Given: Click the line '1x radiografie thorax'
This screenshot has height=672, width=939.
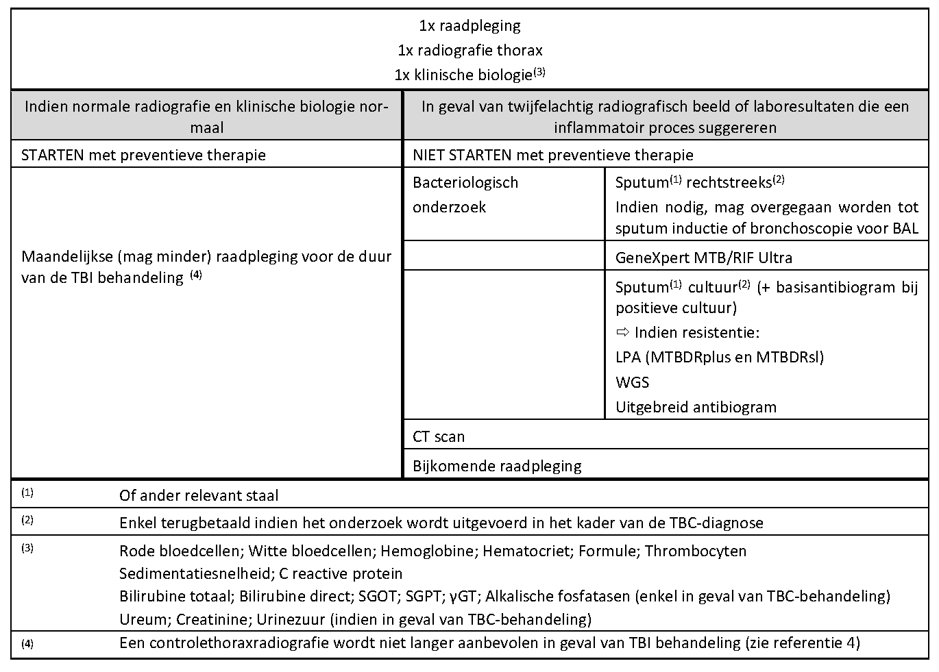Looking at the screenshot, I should tap(469, 50).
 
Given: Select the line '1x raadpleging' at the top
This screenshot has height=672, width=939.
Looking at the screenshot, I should tap(469, 26).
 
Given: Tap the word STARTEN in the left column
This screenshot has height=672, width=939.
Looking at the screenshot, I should tap(54, 155).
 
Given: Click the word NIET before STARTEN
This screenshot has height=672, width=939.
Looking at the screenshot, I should tap(428, 155).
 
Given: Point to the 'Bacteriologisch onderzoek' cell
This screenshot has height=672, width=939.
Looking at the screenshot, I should tap(465, 195).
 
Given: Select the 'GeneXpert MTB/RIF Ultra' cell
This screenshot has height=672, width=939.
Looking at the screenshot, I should tap(703, 258).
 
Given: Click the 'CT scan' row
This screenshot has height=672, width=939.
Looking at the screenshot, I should tap(439, 436).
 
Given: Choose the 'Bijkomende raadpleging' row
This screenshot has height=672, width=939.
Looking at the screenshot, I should tap(497, 466).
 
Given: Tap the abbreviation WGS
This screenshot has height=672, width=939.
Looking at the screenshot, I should tap(632, 382).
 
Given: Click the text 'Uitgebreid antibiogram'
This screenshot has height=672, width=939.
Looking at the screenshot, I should tap(696, 407).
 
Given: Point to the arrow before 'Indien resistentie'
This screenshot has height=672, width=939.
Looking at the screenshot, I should tap(622, 333).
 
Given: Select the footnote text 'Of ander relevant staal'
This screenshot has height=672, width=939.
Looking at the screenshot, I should tap(199, 495).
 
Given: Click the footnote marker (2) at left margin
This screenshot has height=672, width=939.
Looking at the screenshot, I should tap(27, 520).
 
